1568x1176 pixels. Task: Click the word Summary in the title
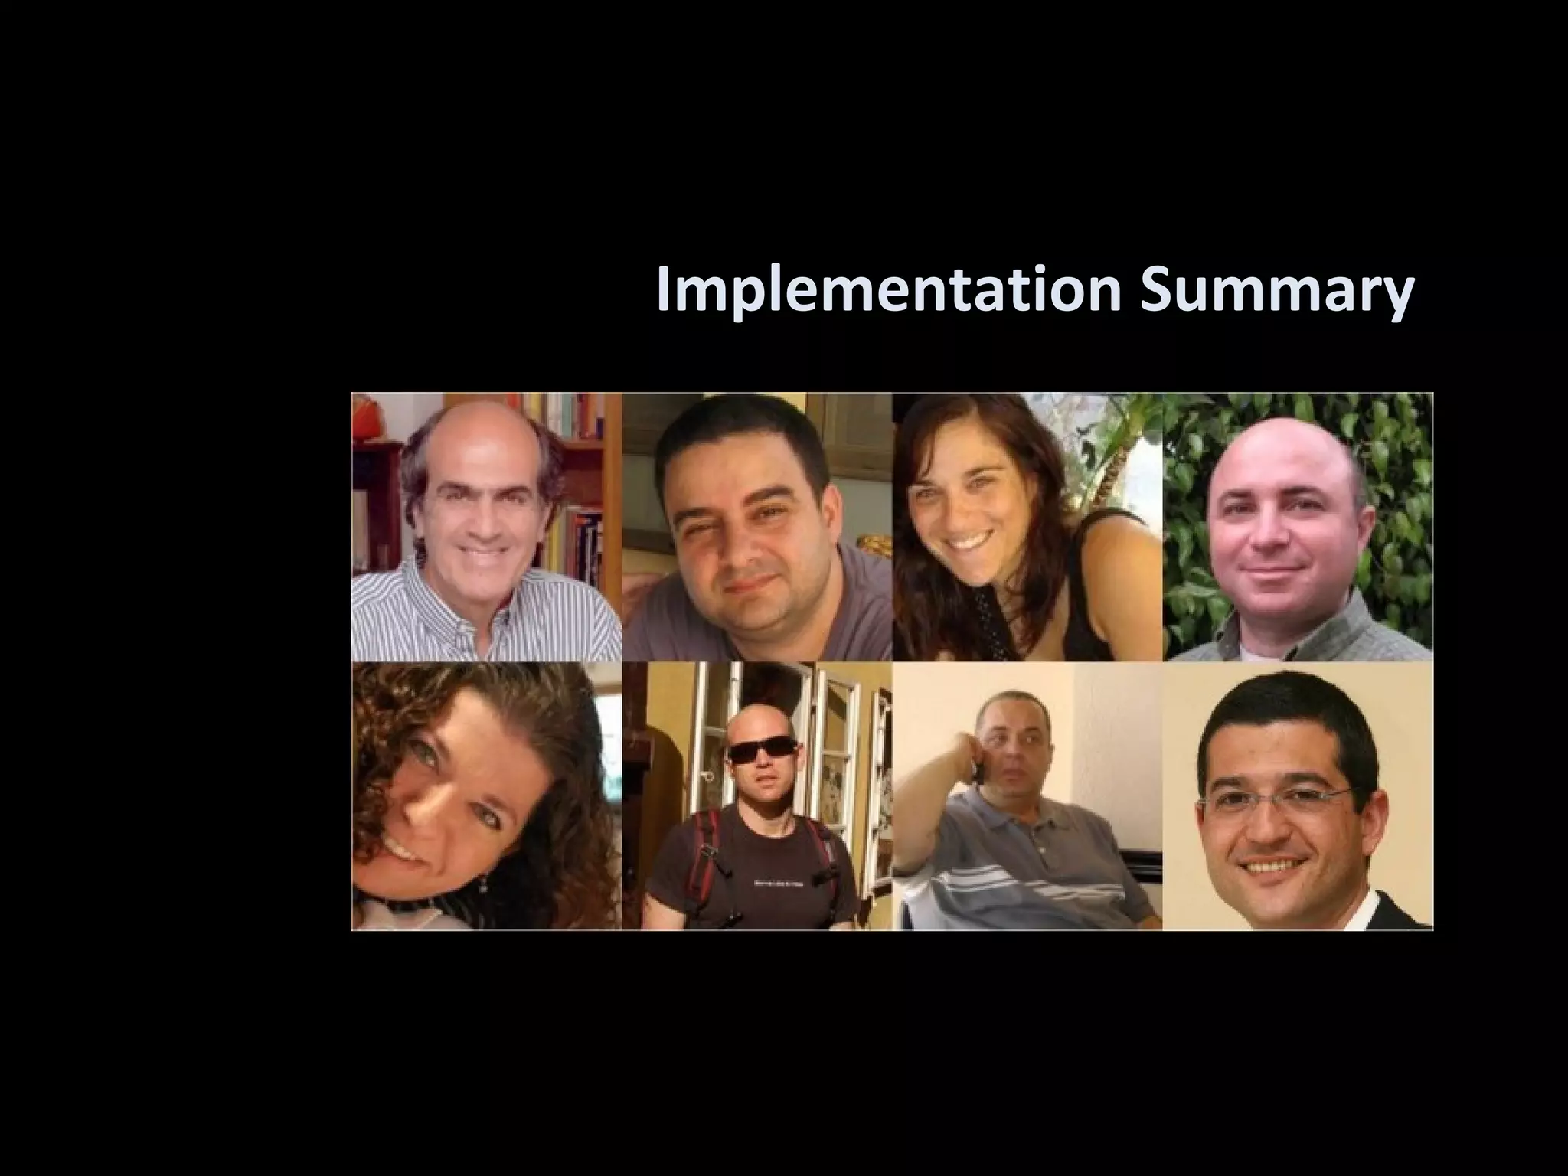coord(1276,292)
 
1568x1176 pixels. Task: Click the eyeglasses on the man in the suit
coord(1274,800)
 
